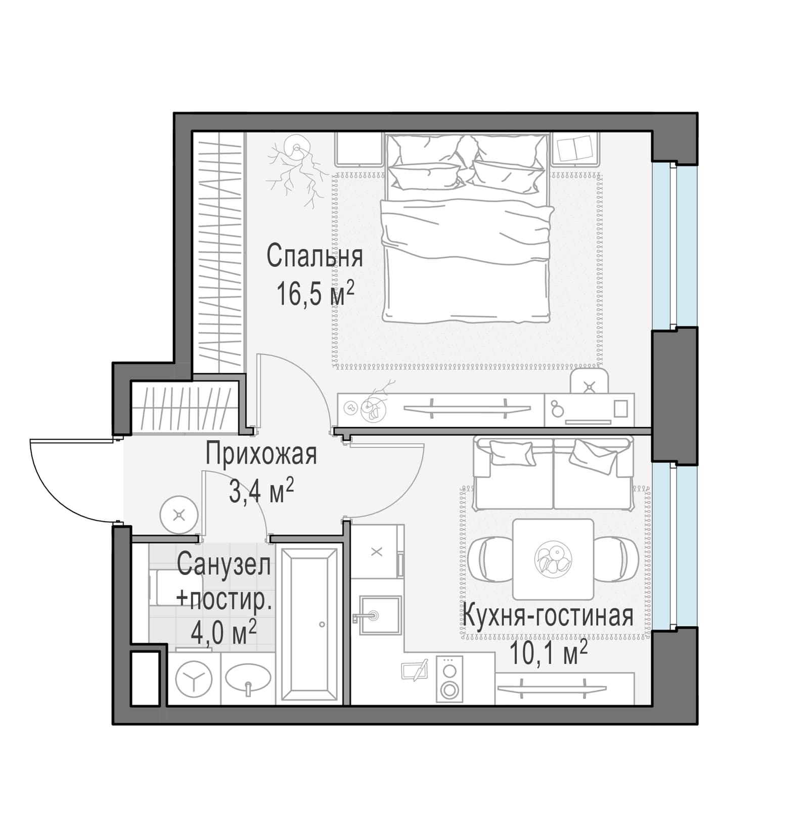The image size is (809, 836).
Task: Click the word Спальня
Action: [314, 257]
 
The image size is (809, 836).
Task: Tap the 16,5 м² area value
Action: [314, 294]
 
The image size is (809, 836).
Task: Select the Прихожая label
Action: [261, 454]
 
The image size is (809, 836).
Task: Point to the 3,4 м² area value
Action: [261, 490]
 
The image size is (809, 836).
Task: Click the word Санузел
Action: [224, 565]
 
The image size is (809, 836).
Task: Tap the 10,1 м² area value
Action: [548, 653]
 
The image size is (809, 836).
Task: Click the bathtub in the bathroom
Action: [309, 625]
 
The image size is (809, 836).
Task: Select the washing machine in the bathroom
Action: [193, 678]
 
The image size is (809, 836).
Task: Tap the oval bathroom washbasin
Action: [248, 678]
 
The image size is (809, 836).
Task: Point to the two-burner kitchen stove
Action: [449, 678]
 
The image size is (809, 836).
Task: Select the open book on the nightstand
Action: [574, 149]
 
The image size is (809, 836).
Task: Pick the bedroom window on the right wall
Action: [674, 246]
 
